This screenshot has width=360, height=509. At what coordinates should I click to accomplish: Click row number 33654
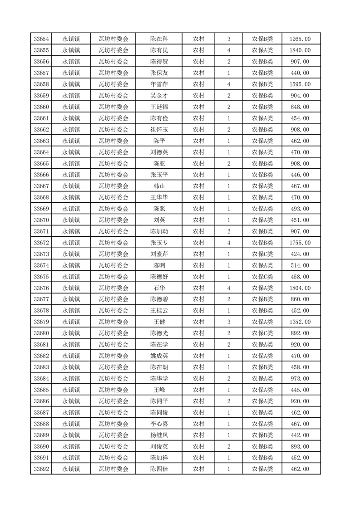pos(41,39)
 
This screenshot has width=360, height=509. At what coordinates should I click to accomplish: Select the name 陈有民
pos(159,50)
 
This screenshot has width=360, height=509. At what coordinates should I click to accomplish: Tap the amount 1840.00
pos(300,50)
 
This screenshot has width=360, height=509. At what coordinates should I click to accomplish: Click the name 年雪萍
pos(159,84)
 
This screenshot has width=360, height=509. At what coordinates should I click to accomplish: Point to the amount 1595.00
pos(300,84)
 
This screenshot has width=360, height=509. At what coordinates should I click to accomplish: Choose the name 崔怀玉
pos(159,130)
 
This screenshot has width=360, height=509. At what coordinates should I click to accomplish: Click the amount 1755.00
pos(300,243)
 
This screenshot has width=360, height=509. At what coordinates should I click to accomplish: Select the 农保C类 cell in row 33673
pos(262,254)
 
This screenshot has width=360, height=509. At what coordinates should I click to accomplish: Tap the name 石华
pos(159,288)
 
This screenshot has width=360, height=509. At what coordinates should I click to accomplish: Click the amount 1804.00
pos(300,288)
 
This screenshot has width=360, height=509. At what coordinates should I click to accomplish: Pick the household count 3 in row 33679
pos(228,322)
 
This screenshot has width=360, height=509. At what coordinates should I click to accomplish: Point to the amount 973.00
pos(300,378)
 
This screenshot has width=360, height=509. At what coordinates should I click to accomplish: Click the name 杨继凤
pos(159,435)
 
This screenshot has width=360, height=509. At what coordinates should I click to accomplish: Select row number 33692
pos(41,469)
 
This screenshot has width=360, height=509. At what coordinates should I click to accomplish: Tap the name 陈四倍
pos(159,469)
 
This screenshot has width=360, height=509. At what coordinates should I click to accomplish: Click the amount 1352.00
pos(300,322)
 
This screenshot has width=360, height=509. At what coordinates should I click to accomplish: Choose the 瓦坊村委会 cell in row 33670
pos(113,220)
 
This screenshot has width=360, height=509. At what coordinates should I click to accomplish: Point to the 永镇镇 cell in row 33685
pos(71,390)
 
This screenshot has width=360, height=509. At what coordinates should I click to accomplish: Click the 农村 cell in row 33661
pos(198,118)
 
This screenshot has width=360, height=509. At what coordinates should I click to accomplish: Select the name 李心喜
pos(159,424)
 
